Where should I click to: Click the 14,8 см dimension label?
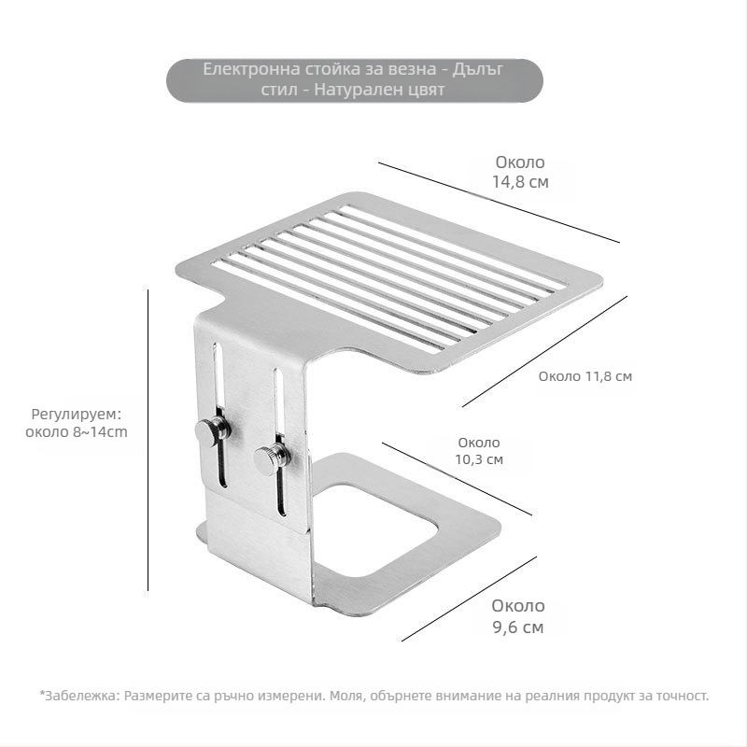(520, 172)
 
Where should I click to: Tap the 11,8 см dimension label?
(585, 376)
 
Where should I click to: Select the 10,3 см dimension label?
(479, 451)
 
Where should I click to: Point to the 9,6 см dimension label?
(518, 616)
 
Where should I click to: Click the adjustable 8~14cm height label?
(77, 423)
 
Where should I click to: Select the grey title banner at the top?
(355, 80)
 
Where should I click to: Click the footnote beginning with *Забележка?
(374, 696)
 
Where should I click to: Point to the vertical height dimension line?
(148, 440)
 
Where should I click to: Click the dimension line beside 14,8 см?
(500, 203)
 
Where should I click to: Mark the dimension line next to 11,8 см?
(544, 351)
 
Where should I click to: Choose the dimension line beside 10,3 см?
(457, 479)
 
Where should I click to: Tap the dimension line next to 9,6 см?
(470, 599)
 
